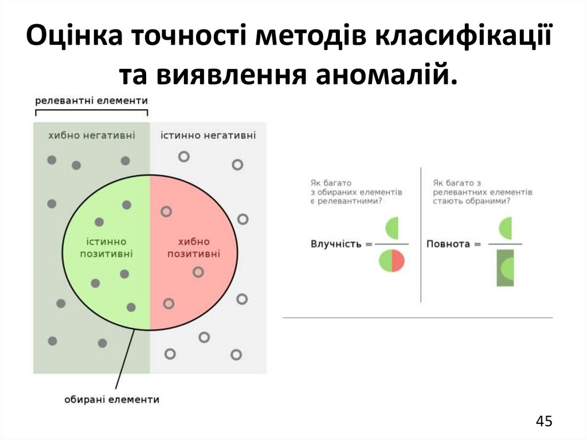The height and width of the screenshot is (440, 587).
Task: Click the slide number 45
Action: pos(544,421)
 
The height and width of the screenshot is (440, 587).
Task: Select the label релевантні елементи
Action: pos(92,101)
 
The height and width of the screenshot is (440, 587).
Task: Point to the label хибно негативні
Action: pos(92,135)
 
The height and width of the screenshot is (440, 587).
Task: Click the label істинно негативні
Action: pos(208,135)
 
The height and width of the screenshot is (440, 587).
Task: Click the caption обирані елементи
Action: pos(112,399)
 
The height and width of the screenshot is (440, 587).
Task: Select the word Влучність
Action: pos(336,244)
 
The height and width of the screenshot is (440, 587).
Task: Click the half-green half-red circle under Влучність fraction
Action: pos(392,262)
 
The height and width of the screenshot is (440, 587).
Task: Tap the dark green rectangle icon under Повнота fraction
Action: pos(505,267)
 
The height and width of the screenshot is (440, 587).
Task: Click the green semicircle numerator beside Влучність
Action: pos(392,228)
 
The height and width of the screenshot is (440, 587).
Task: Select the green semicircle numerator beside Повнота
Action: pos(505,228)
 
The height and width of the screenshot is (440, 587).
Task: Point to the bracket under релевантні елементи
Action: pos(92,111)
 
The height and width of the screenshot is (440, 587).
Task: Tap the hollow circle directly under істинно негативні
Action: pos(184,155)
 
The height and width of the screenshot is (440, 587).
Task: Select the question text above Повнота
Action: pos(482,192)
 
